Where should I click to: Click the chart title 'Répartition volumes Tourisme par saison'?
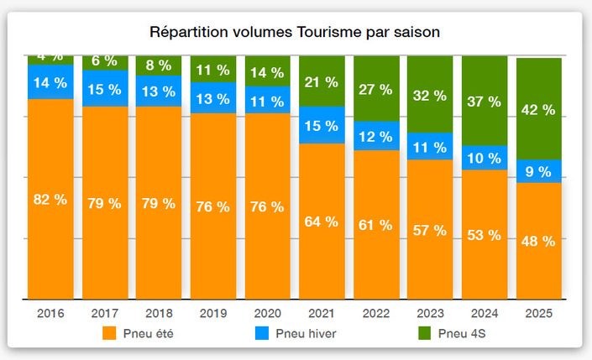pos(295,32)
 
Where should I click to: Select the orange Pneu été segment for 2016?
pos(50,227)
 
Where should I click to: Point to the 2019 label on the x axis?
pos(212,313)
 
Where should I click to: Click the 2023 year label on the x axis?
pos(429,313)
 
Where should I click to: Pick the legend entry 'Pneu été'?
pos(143,333)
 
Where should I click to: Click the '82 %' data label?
pos(50,199)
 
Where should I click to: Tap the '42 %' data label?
pos(538,109)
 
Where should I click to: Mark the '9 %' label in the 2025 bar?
pos(538,172)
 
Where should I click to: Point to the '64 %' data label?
pos(321,222)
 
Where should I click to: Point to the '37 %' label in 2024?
pos(484,102)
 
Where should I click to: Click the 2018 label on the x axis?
pos(158,313)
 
